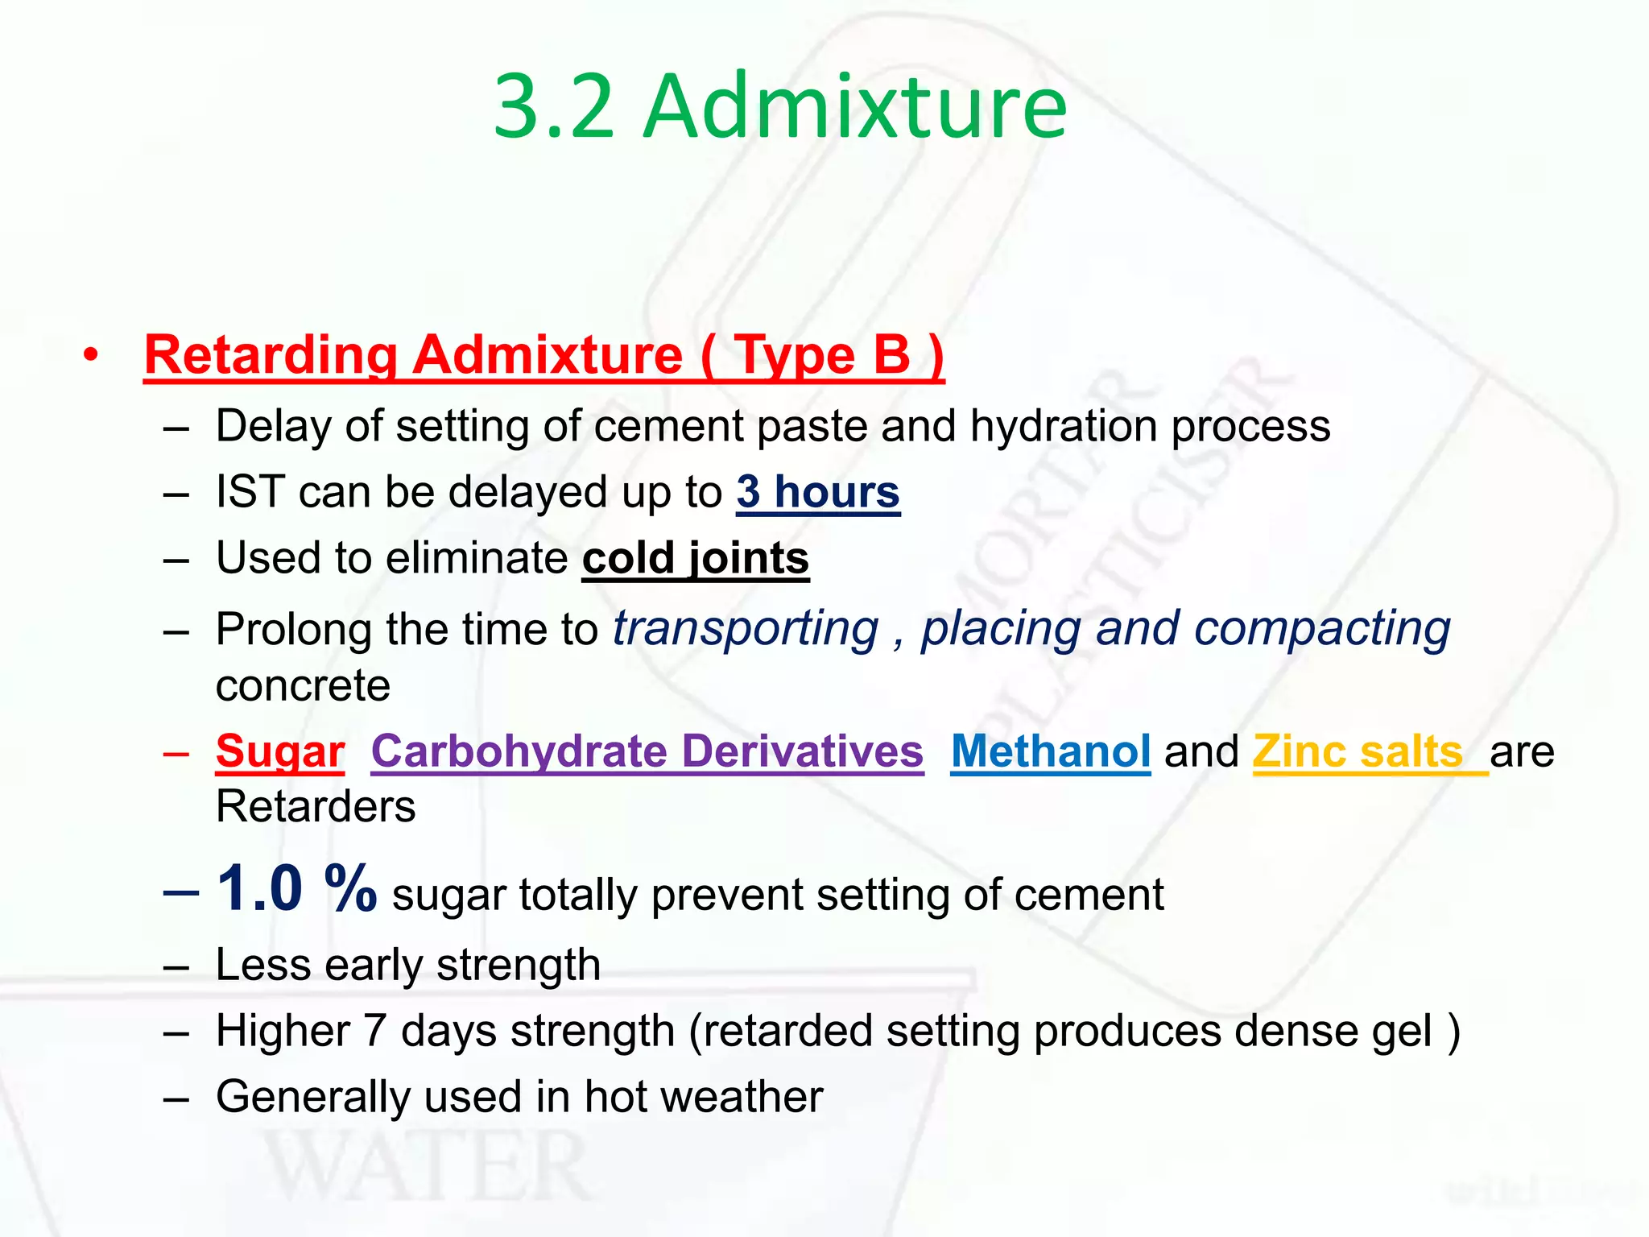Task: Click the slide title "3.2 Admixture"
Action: (x=779, y=106)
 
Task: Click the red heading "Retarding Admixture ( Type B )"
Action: (x=543, y=355)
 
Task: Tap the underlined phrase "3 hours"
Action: (x=817, y=492)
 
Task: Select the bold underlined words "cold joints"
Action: (x=696, y=558)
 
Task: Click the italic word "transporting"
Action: (x=745, y=629)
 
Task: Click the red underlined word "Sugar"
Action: (x=280, y=751)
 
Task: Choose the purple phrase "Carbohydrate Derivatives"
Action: (x=647, y=751)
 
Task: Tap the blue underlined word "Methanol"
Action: (x=1050, y=751)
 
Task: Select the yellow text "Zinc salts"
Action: (x=1358, y=751)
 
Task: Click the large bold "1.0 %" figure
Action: (x=296, y=888)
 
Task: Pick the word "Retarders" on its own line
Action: (x=316, y=806)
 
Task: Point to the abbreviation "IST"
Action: (x=250, y=492)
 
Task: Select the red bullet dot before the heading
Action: (x=91, y=354)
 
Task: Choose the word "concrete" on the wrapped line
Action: (x=303, y=686)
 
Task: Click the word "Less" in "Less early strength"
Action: (x=262, y=965)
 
